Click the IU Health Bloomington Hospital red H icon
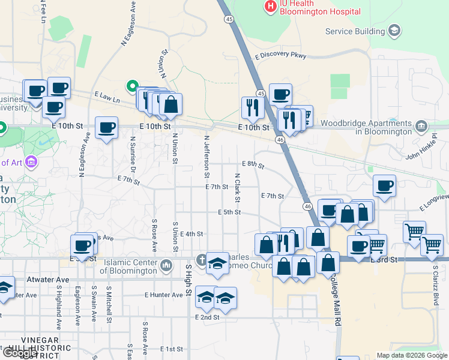[271, 7]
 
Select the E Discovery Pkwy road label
[280, 56]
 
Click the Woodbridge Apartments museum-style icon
[421, 126]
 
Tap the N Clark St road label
[238, 187]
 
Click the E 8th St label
[253, 164]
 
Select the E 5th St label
[229, 212]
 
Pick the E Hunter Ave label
[163, 295]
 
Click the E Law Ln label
[108, 95]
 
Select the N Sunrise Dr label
[133, 155]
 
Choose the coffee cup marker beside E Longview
[384, 186]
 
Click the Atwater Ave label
[48, 280]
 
